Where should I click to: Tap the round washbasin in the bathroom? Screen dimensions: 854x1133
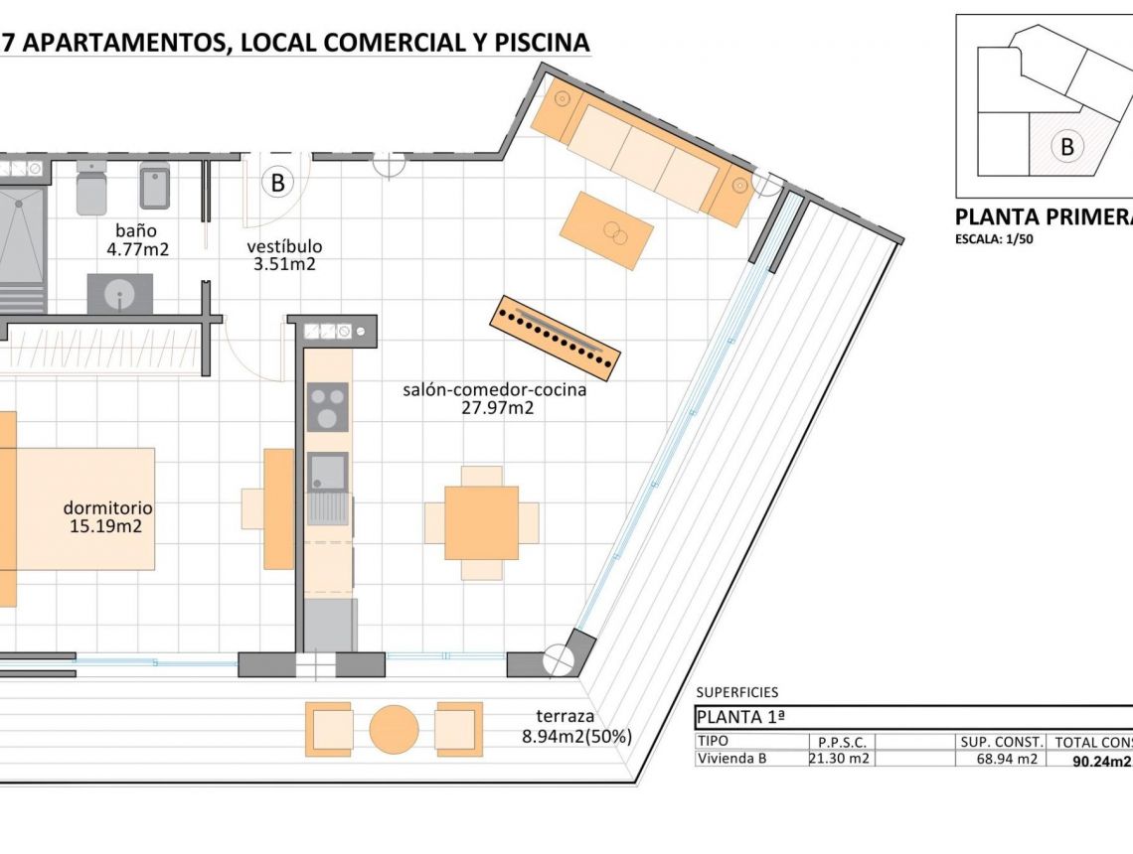pos(120,294)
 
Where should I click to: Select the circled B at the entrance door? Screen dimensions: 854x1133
pos(277,183)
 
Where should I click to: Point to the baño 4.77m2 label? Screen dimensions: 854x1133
pos(138,240)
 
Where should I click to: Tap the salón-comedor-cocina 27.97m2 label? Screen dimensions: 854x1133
pos(494,398)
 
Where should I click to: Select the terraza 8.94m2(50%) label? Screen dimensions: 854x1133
pos(577,727)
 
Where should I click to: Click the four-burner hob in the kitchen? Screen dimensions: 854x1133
pos(327,407)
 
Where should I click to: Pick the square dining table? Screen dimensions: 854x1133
pos(481,522)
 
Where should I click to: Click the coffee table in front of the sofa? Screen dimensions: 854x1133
pos(606,231)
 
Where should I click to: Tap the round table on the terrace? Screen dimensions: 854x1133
pos(394,730)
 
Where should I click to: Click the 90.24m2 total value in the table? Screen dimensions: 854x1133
pos(1101,762)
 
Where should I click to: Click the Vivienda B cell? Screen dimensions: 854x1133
pos(733,760)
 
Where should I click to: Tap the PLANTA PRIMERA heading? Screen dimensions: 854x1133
pos(1043,216)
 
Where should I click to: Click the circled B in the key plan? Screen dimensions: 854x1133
pos(1067,147)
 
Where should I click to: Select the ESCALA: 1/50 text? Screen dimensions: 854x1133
pos(994,238)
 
